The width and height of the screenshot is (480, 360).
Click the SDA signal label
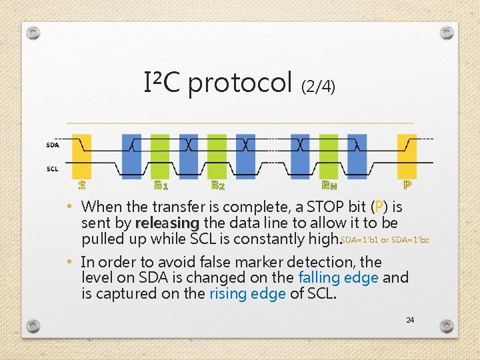click(x=52, y=145)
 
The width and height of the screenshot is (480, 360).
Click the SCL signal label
click(x=52, y=169)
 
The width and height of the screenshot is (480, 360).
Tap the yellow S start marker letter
click(x=82, y=185)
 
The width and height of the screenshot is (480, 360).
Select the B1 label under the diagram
click(x=161, y=185)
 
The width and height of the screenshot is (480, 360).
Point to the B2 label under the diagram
click(x=217, y=185)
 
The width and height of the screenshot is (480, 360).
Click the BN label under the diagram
click(x=329, y=185)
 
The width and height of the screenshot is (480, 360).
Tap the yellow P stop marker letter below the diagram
click(x=407, y=185)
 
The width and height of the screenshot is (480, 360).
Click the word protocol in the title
click(x=241, y=83)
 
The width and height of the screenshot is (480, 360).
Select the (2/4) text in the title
click(x=319, y=86)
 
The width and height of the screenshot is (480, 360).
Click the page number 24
click(x=410, y=321)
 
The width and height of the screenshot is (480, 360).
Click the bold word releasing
click(x=167, y=222)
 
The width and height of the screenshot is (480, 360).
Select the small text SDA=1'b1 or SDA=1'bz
click(x=385, y=239)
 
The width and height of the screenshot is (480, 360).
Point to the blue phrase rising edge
click(x=247, y=293)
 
